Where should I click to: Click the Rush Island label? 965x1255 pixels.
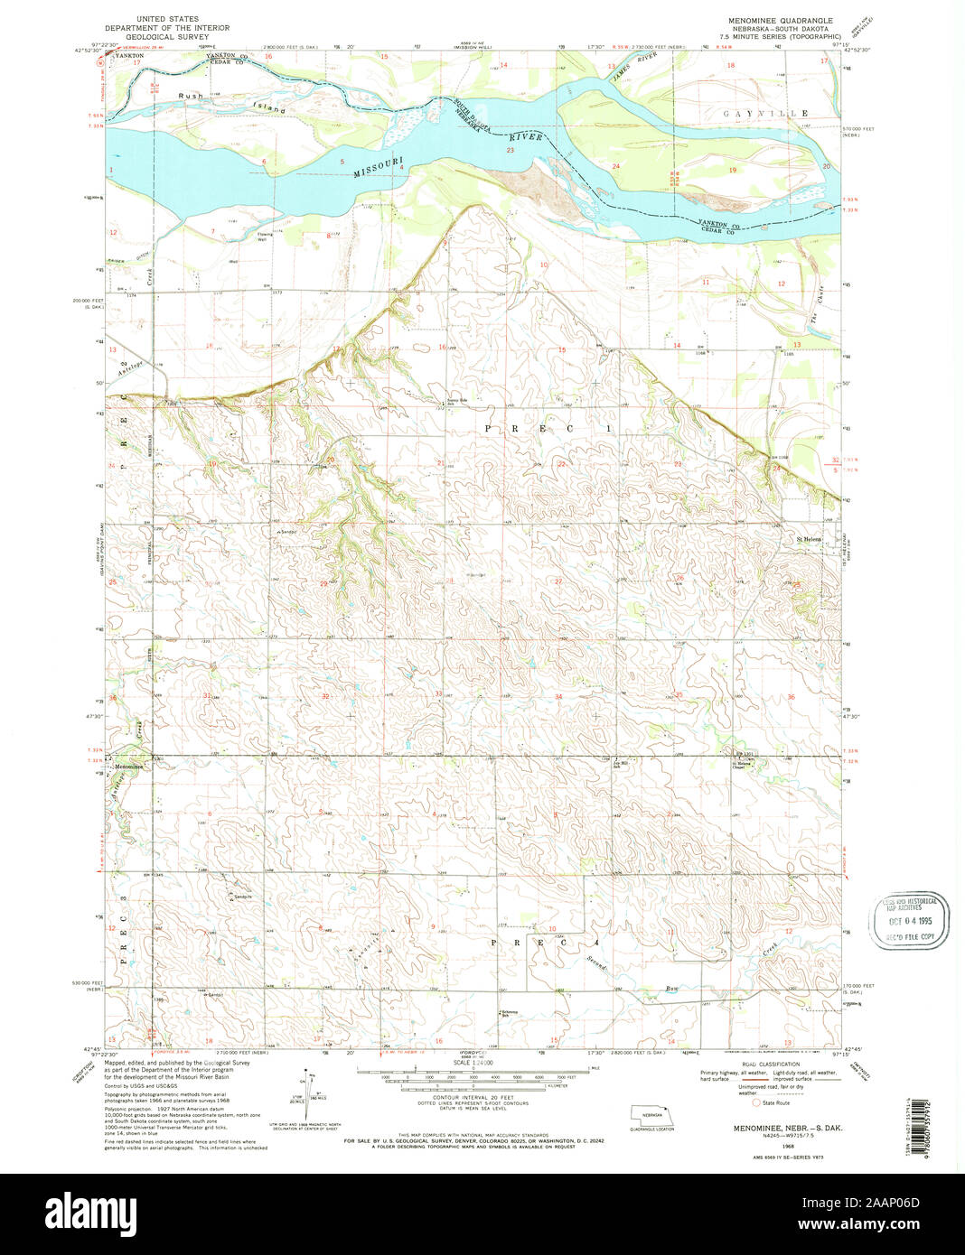pos(230,102)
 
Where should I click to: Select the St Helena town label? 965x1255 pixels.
pos(809,539)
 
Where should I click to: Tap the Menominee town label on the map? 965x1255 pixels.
pos(127,767)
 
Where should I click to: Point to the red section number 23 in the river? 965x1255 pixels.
pos(511,151)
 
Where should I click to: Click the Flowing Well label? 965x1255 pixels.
pos(262,237)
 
